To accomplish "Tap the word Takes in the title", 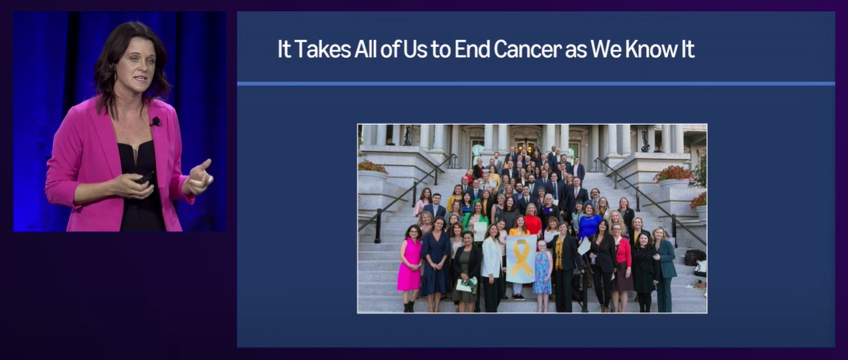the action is [x=323, y=49].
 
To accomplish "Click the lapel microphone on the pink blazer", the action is [x=155, y=122].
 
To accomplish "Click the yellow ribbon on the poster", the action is [x=521, y=258].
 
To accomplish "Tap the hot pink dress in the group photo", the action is [x=409, y=265].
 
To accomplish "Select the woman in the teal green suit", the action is [x=665, y=270].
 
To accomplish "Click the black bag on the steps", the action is [x=695, y=258].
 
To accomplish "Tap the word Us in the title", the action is [x=415, y=49].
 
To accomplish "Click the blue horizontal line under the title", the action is [x=536, y=84].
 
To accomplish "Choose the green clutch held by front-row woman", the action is [x=467, y=285].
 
